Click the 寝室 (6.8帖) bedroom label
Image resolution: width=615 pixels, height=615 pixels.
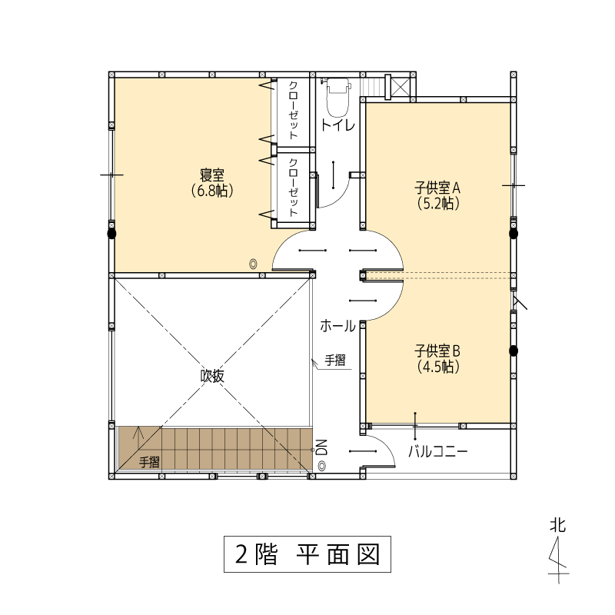212,182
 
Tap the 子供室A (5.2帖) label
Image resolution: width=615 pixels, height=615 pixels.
437,196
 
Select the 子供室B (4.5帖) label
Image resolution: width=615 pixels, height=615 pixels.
437,358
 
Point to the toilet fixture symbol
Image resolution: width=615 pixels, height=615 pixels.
337,97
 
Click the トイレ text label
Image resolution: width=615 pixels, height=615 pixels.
337,125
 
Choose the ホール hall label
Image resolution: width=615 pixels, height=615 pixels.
337,326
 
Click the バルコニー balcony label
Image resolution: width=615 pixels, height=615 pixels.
437,452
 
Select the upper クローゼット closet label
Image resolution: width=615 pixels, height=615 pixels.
294,110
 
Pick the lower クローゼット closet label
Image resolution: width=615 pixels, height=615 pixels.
294,188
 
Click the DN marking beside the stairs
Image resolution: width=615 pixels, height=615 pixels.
321,447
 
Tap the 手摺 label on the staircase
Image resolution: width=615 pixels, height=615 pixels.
149,462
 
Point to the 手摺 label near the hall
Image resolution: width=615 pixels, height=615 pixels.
335,360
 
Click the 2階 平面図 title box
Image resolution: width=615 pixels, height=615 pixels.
307,553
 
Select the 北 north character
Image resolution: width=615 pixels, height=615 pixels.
558,525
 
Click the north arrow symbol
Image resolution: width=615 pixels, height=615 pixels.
559,560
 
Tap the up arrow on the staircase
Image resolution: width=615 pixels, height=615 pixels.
138,433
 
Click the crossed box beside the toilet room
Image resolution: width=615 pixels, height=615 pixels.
401,87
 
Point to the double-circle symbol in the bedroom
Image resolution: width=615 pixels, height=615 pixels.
254,264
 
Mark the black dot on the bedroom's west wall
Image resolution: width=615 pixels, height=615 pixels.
111,234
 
